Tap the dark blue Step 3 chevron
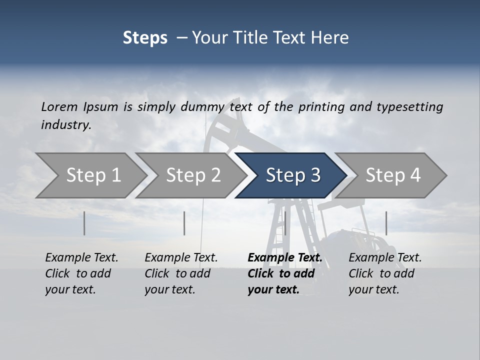292,175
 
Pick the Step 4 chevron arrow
392,175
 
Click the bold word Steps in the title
145,38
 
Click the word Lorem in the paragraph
59,107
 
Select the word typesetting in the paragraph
409,107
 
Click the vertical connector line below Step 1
84,223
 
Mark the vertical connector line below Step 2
184,223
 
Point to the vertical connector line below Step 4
386,223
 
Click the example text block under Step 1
81,273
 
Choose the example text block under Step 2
181,273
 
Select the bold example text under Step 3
284,273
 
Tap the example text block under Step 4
385,273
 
